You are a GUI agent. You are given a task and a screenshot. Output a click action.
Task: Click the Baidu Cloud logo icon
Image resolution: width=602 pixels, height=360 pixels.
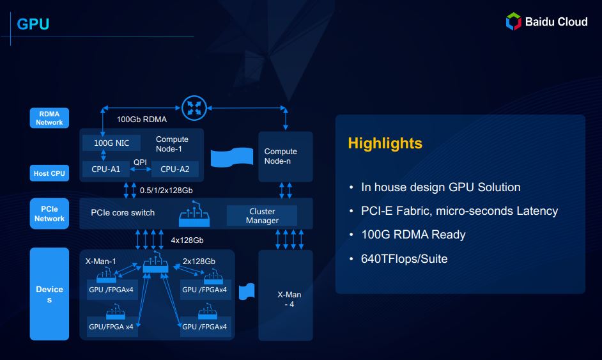(513, 21)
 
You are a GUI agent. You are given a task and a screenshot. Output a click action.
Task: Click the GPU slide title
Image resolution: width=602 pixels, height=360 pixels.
(33, 24)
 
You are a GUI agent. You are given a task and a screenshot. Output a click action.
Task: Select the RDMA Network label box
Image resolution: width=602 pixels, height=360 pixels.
(49, 118)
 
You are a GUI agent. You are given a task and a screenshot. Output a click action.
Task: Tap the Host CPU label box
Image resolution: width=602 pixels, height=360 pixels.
(49, 173)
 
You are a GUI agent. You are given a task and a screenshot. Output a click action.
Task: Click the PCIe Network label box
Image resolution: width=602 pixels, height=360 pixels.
(49, 214)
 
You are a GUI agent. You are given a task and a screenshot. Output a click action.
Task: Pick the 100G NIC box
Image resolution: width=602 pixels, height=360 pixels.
(111, 143)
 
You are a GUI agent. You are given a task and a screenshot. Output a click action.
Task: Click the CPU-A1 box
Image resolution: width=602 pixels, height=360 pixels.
(106, 169)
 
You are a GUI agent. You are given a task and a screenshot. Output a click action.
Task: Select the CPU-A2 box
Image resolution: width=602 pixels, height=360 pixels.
(175, 169)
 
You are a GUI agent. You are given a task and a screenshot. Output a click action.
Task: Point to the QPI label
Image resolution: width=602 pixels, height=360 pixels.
(140, 162)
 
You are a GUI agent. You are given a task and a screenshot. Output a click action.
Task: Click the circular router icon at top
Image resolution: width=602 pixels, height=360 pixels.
(194, 108)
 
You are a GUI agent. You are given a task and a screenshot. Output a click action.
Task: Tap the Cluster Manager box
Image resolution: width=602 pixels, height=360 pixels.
(262, 215)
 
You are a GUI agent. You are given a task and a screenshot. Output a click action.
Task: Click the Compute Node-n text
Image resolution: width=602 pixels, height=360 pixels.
(281, 156)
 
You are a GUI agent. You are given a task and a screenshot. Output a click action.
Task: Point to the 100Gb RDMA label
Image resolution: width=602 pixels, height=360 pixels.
(142, 120)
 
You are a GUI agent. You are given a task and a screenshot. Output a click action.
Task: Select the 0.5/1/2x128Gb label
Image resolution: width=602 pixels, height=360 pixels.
(166, 190)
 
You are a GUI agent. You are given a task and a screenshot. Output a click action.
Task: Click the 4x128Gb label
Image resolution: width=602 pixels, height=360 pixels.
(187, 240)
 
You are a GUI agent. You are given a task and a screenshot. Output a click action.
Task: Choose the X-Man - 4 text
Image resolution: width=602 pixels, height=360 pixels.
(289, 299)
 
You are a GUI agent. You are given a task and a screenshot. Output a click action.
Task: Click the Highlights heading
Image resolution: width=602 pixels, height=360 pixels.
(385, 143)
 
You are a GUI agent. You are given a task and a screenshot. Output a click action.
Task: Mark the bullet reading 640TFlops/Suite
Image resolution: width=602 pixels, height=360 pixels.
(405, 258)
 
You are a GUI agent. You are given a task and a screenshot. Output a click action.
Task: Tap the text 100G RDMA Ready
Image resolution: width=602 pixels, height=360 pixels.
(413, 235)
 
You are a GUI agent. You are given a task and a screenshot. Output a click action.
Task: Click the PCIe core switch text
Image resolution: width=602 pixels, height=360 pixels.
(123, 212)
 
